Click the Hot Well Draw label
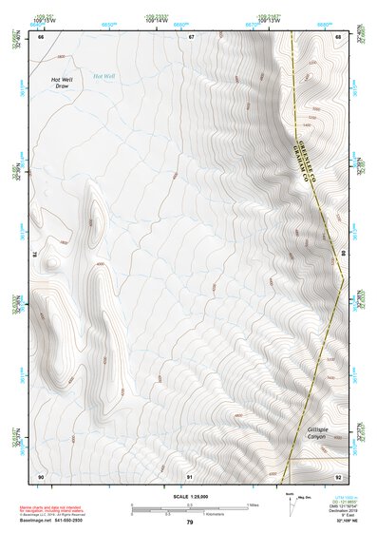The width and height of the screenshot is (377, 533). [x=62, y=84]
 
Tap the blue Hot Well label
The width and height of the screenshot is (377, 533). [x=104, y=75]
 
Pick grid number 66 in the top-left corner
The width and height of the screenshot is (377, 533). [x=41, y=37]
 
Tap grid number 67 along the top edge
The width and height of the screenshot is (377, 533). [x=190, y=37]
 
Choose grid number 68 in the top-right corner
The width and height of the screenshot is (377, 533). [x=338, y=37]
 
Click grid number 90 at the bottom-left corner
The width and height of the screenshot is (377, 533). [x=41, y=475]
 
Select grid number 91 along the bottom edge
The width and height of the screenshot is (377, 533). [x=190, y=475]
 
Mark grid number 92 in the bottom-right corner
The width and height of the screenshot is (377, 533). [x=338, y=475]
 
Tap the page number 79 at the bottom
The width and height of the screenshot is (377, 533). [x=189, y=522]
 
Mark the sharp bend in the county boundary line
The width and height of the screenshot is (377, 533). [x=343, y=276]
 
